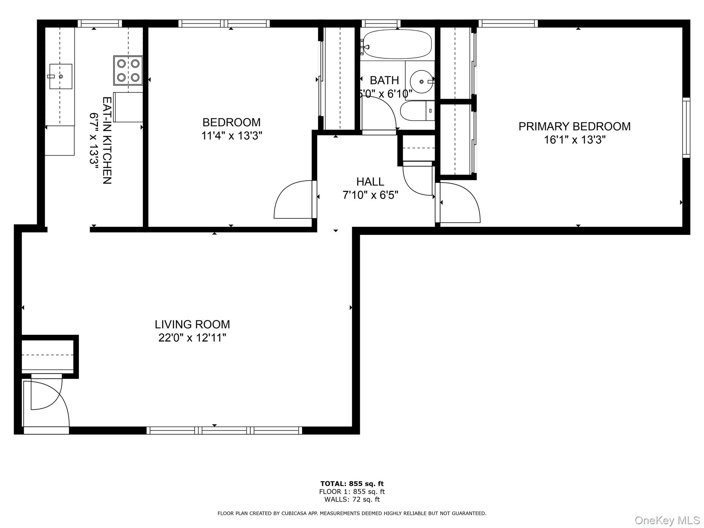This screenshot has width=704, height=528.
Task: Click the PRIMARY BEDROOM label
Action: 574,126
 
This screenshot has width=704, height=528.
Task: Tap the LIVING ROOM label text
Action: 192,324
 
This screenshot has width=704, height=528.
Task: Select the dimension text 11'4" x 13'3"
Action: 232,136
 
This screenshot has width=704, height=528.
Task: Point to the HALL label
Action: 370,181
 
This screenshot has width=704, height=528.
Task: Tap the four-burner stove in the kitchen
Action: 128,70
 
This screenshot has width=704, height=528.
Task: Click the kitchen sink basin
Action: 61,76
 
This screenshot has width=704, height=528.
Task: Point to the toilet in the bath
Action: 417,111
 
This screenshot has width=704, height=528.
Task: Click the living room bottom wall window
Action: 224,430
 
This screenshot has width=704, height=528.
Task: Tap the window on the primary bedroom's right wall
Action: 686,128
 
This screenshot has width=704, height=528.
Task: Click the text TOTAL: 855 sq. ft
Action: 352,484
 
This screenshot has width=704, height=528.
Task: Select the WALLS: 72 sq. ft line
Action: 352,499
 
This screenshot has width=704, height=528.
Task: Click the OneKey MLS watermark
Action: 667,520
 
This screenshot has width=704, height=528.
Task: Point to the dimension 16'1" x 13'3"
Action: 574,140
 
